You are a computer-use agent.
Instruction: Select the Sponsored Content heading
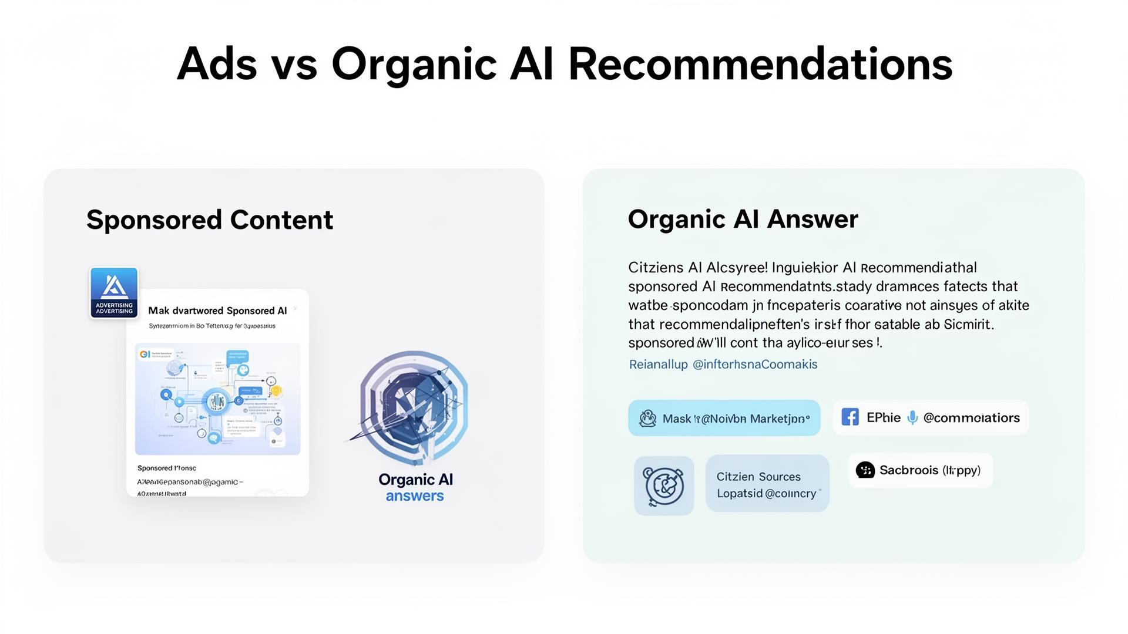210,220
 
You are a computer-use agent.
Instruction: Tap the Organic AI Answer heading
743,219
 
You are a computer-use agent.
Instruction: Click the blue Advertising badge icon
114,292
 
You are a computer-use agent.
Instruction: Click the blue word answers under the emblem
415,496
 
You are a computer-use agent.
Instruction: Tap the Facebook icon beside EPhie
850,417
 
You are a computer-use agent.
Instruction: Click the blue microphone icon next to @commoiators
912,417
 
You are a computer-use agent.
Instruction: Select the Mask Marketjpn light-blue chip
724,418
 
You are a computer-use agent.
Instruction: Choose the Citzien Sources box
767,484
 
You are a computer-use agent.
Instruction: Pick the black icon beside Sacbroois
865,470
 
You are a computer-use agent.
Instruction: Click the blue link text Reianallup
658,365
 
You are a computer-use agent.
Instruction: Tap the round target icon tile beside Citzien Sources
664,485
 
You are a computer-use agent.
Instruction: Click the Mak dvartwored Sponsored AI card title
217,311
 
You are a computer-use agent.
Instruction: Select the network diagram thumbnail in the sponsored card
217,399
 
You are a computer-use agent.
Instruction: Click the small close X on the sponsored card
296,309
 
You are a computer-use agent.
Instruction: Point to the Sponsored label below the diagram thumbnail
167,468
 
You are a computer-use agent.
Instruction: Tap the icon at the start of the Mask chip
647,418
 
